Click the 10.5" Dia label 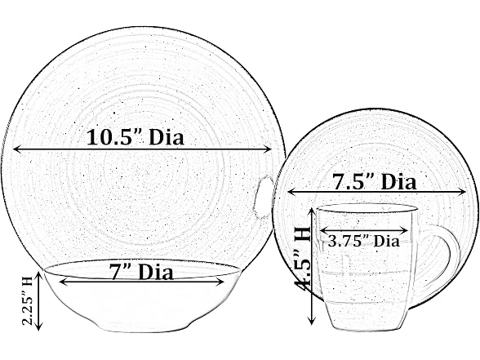136,137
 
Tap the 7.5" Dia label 375,182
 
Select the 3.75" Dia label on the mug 364,242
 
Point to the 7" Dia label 141,272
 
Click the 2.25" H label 28,300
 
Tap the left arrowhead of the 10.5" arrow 17,149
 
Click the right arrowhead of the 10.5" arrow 268,149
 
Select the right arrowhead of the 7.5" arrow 461,192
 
